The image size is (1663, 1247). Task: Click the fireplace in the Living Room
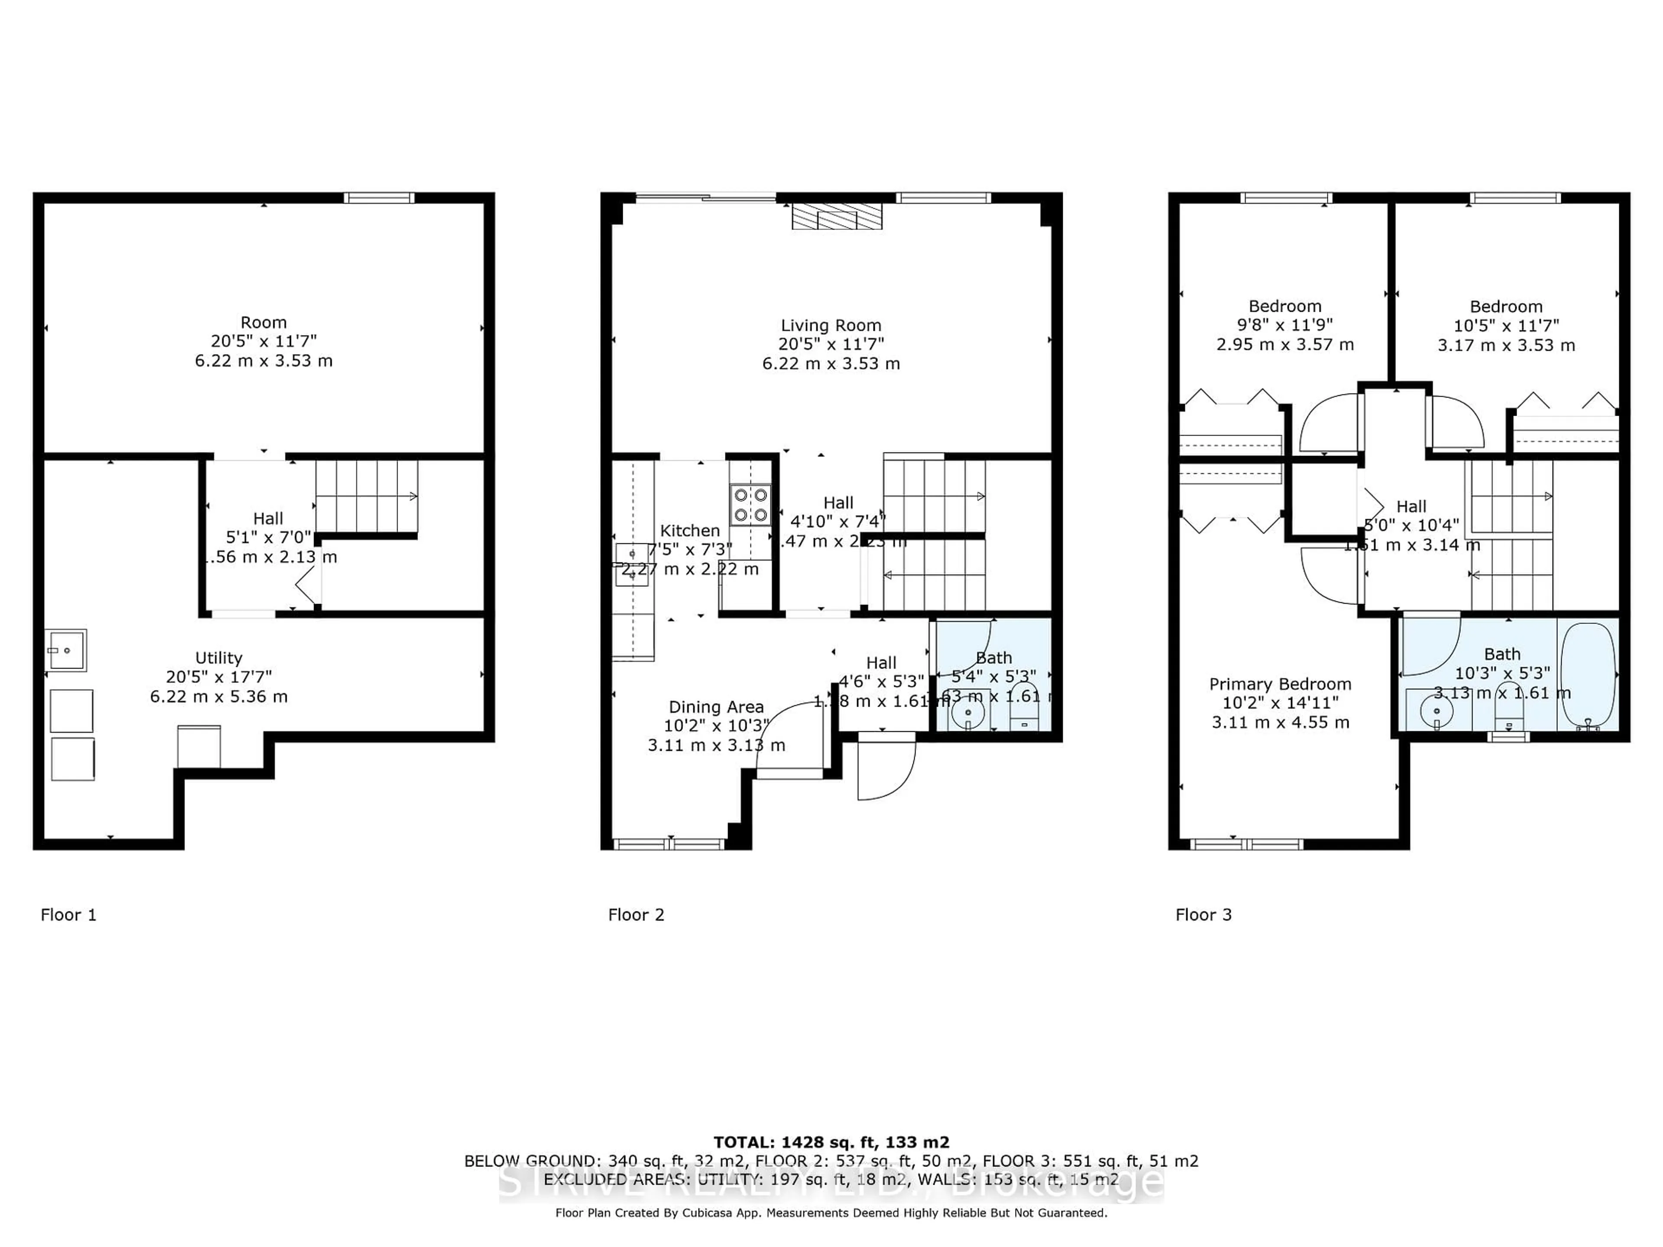pyautogui.click(x=837, y=216)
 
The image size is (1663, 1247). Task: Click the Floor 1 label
pyautogui.click(x=68, y=915)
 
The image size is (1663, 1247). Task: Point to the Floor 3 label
pyautogui.click(x=1204, y=915)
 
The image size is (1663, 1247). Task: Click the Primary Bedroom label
pyautogui.click(x=1280, y=684)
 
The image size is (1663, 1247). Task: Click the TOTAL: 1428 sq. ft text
pyautogui.click(x=831, y=1143)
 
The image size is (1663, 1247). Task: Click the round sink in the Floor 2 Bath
pyautogui.click(x=968, y=713)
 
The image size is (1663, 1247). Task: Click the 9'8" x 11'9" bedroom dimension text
pyautogui.click(x=1285, y=326)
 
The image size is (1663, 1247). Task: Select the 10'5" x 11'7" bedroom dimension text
pyautogui.click(x=1506, y=326)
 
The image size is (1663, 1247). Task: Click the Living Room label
pyautogui.click(x=831, y=326)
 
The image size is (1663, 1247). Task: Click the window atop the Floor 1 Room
pyautogui.click(x=379, y=198)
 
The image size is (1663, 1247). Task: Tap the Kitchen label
pyautogui.click(x=689, y=531)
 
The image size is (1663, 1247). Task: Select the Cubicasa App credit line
pyautogui.click(x=831, y=1212)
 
